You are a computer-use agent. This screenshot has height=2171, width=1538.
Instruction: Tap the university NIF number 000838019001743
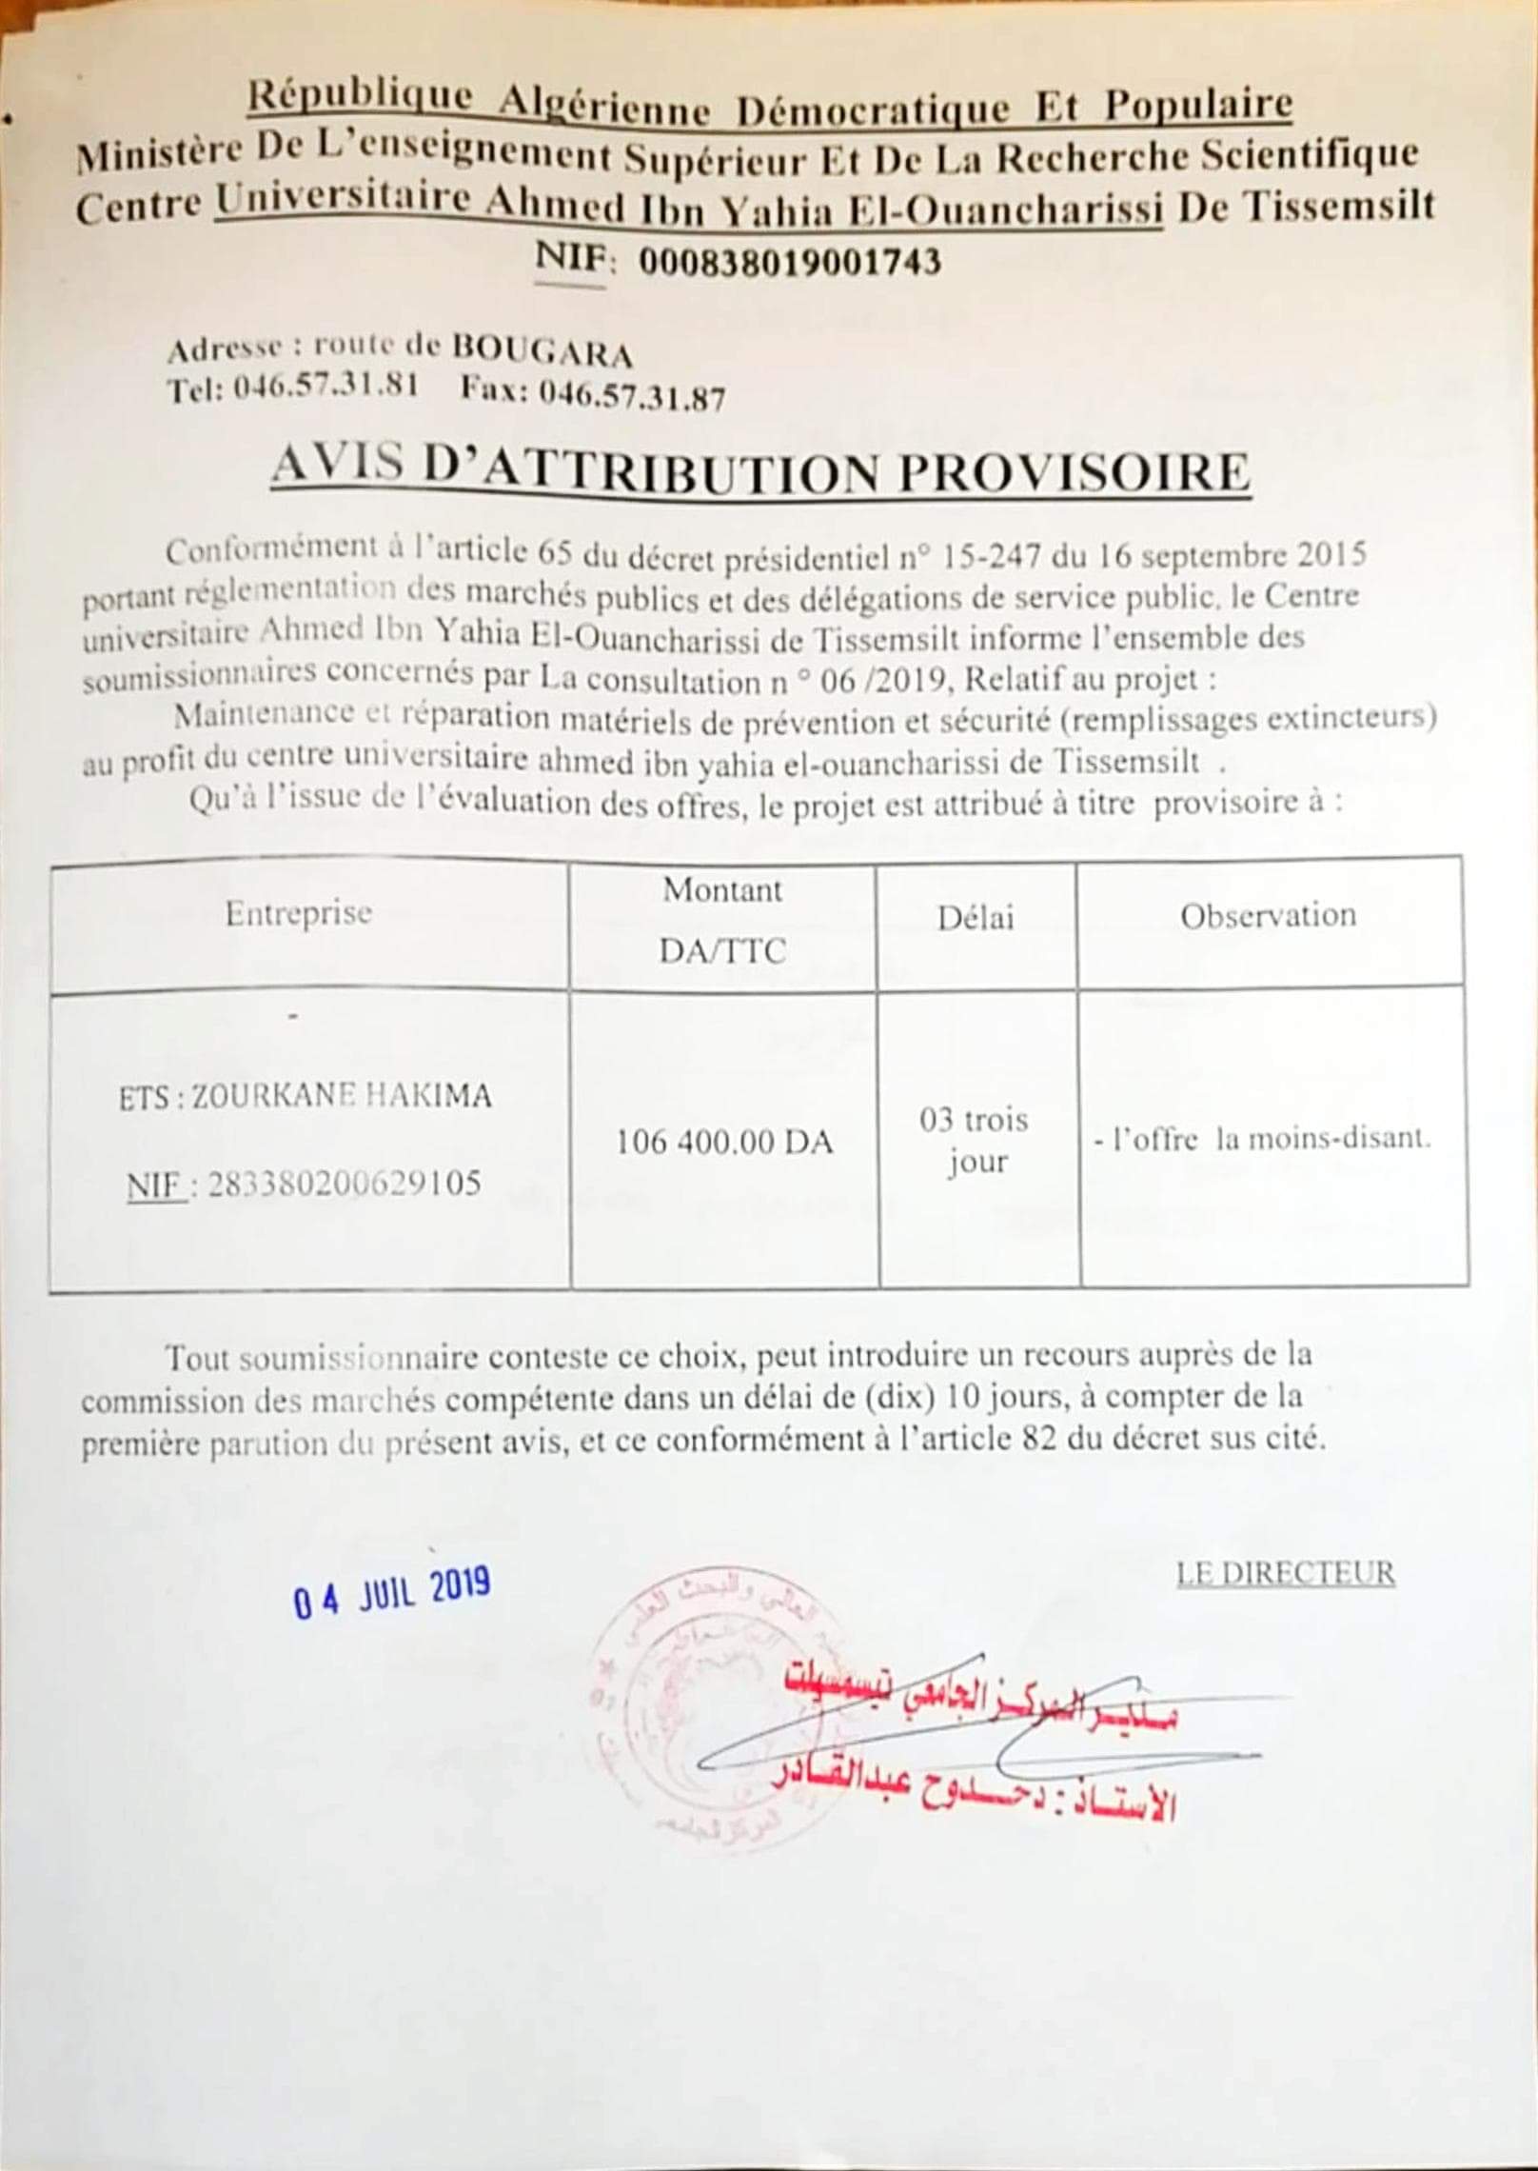[x=789, y=260]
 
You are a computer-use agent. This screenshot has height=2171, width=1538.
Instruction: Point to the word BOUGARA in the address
[x=542, y=353]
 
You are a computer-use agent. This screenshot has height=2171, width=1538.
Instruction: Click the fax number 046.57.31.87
[x=632, y=395]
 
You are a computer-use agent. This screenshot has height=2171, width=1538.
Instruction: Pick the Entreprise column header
[x=298, y=914]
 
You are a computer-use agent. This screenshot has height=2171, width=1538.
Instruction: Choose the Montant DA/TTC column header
[x=722, y=920]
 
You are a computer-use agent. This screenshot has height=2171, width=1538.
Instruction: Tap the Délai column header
[x=976, y=917]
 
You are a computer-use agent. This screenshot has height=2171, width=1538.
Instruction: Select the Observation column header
[x=1268, y=915]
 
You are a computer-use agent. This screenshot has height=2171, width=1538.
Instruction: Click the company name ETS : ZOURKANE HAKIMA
[x=306, y=1097]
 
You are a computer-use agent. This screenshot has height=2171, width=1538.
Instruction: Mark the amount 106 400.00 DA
[x=724, y=1142]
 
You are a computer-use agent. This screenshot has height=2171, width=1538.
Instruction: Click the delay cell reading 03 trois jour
[x=975, y=1141]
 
